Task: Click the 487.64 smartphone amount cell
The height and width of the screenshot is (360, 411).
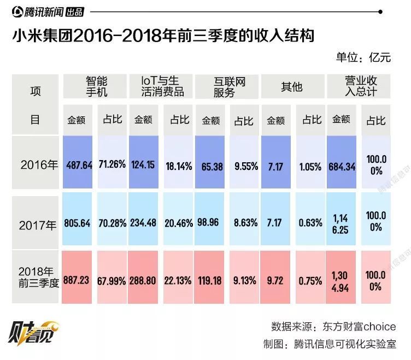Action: pos(78,164)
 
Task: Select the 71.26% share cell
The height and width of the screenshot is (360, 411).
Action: pos(112,164)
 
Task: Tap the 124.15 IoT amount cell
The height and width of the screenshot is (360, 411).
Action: pos(143,164)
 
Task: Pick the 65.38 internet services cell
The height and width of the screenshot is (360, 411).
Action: pos(212,166)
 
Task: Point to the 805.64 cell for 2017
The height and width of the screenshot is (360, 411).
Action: pos(78,223)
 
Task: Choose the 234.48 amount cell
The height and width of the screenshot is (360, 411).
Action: pos(143,223)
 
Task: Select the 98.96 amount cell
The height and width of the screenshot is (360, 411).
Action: pos(212,223)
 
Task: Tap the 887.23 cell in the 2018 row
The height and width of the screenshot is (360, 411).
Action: pos(78,280)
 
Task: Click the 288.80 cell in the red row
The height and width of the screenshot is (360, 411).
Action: pos(143,280)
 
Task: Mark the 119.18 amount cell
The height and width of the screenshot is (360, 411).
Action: pos(212,280)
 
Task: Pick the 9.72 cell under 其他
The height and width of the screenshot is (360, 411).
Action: pos(275,280)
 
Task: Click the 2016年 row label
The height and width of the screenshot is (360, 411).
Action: pos(36,164)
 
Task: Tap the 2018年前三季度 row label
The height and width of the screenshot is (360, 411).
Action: pos(36,278)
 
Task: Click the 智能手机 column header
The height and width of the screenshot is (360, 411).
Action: pos(97,86)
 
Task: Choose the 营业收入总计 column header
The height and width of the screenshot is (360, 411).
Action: pos(360,86)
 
